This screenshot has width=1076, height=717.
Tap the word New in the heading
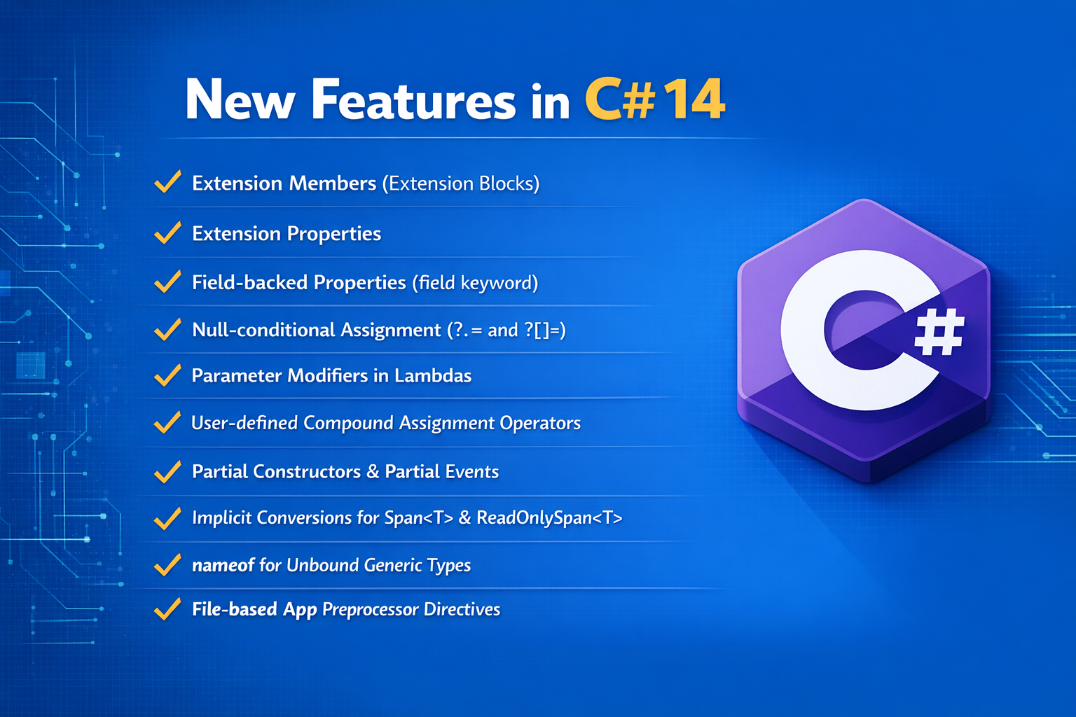pos(240,100)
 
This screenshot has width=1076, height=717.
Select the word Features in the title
pos(413,99)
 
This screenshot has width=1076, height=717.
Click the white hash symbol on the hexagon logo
pos(939,332)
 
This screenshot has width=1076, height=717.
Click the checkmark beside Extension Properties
pos(167,233)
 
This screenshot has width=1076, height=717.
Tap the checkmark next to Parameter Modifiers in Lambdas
pos(167,375)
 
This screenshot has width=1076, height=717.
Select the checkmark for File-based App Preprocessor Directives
pos(167,609)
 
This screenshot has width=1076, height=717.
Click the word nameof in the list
pos(223,565)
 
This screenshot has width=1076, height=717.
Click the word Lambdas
pos(433,375)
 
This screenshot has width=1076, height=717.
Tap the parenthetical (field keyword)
pos(475,282)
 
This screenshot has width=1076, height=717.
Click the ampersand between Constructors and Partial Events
pos(373,472)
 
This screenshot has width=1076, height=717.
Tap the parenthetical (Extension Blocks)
pos(461,183)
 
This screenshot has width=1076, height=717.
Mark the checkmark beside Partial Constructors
pos(167,471)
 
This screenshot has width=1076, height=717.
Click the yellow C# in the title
pos(620,99)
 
